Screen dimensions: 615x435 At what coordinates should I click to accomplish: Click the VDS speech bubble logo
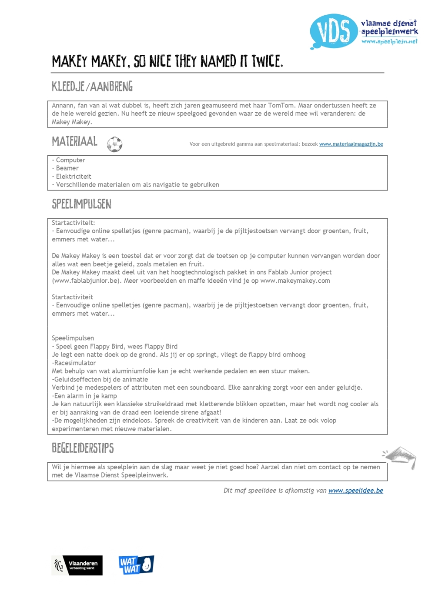333,31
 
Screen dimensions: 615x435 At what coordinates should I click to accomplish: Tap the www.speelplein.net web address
389,41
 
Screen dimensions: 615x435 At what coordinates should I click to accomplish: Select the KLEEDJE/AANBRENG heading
92,87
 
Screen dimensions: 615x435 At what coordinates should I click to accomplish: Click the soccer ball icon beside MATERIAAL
115,144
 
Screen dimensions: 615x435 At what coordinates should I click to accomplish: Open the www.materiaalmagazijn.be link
351,144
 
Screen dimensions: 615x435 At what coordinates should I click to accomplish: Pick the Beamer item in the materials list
67,168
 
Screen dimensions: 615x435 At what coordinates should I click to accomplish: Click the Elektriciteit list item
74,177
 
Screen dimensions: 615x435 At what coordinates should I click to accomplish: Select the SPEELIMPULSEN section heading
82,204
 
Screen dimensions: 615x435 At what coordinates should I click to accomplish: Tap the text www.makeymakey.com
295,281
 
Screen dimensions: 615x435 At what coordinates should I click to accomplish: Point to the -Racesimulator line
74,363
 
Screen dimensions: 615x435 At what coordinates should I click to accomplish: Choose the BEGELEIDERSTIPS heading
83,448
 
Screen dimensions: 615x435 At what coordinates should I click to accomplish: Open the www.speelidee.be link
355,491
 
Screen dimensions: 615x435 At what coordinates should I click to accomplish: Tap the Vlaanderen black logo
77,565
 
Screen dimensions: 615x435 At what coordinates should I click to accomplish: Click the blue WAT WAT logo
136,565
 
